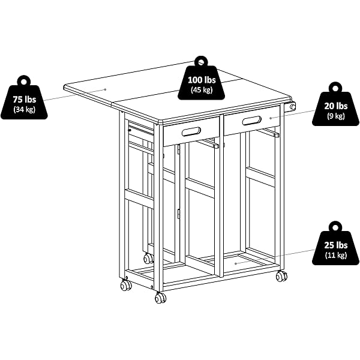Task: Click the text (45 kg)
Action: coord(202,90)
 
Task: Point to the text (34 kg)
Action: coord(25,109)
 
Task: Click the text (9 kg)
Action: coord(335,116)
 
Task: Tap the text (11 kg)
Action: coord(335,255)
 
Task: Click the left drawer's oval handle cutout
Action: coord(191,131)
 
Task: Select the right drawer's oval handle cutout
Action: coord(251,121)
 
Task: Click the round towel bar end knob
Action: coord(292,107)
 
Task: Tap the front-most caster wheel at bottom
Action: coord(160,298)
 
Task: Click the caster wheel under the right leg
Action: coord(281,276)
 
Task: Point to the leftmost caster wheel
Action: coord(126,285)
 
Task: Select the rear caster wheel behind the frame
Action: coord(148,258)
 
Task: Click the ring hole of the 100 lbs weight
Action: coord(201,62)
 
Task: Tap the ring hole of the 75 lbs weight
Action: coord(24,82)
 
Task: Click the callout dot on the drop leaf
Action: coord(106,89)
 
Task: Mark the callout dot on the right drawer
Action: coord(271,118)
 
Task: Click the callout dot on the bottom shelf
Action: coord(236,263)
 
